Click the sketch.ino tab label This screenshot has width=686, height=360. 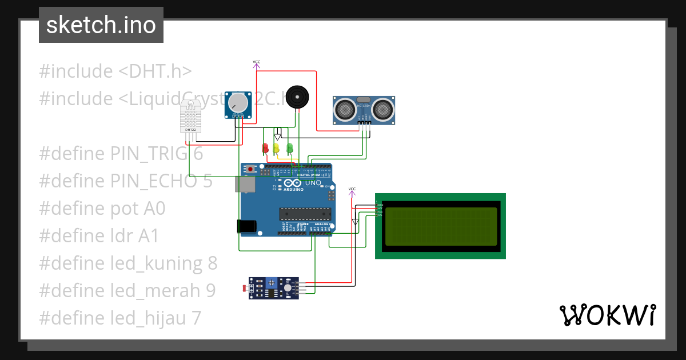tap(101, 25)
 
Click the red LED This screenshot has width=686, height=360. tap(265, 149)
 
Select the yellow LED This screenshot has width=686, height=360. tap(276, 149)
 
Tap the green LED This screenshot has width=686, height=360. tap(289, 149)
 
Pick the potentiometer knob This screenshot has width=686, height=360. tap(238, 103)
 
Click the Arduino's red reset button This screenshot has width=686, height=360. tap(250, 169)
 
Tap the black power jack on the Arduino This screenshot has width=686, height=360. tap(246, 226)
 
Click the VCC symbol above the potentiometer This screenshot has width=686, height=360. tap(256, 62)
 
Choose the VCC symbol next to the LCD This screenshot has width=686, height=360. tap(352, 190)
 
